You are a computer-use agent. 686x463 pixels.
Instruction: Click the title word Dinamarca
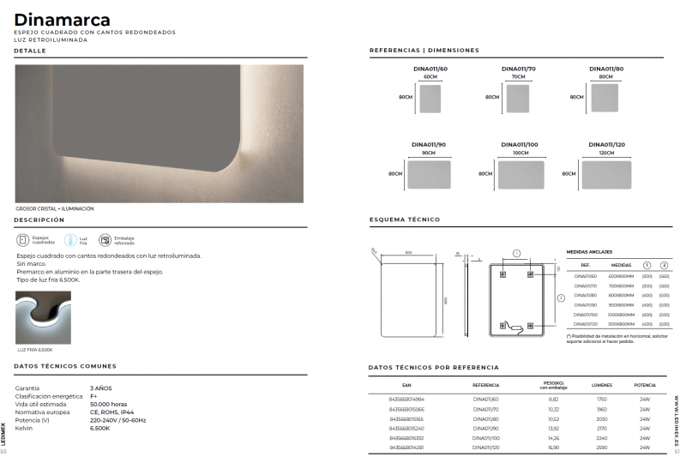pos(62,18)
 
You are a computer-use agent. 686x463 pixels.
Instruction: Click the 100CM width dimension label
pos(521,153)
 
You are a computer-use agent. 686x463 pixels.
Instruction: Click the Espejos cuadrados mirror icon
pos(23,240)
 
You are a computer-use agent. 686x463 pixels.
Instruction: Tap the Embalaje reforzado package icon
pos(105,240)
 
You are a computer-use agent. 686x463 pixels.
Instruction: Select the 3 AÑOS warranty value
pos(101,388)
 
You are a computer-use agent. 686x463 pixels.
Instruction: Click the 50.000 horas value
pos(109,404)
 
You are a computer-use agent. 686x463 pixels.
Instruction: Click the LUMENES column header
pos(601,386)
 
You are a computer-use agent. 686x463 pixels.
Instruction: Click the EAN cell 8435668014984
pos(407,400)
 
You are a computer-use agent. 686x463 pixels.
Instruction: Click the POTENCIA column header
pos(645,386)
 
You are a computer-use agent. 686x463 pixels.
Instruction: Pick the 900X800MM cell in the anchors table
pos(621,305)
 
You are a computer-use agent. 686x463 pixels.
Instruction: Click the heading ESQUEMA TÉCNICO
pos(404,219)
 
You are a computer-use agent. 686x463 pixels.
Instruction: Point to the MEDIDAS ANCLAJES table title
pos(590,252)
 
